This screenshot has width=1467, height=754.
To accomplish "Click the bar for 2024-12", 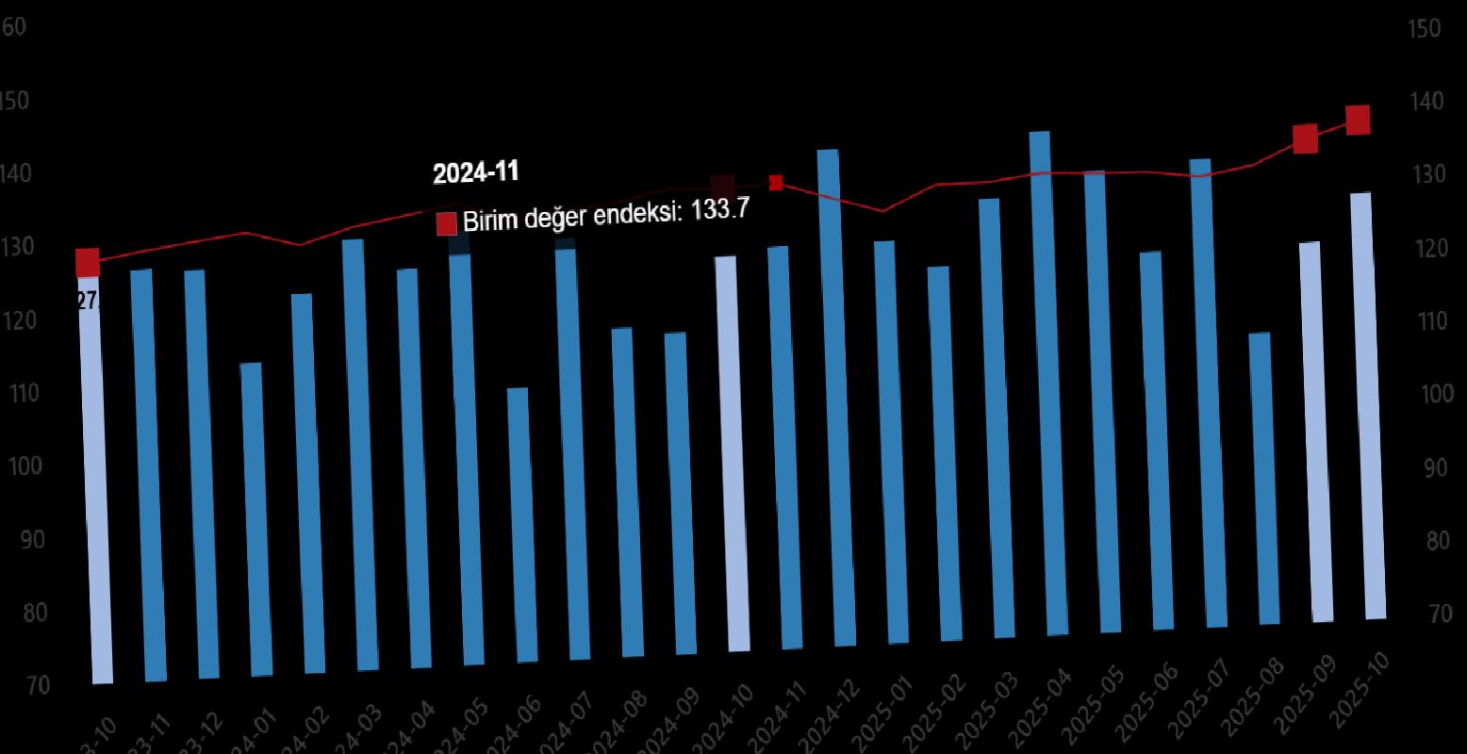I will click(836, 396).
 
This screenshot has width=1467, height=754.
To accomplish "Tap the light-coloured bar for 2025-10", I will click(1366, 405).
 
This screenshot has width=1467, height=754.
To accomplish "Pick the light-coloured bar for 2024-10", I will click(732, 452).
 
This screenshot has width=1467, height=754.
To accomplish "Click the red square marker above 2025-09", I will click(1305, 139).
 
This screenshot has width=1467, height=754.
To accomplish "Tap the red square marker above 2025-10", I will click(1358, 120).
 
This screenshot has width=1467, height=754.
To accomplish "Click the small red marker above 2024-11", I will click(776, 183).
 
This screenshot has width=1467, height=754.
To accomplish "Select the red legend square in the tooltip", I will click(446, 224).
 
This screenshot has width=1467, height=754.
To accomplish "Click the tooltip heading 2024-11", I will click(475, 172).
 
